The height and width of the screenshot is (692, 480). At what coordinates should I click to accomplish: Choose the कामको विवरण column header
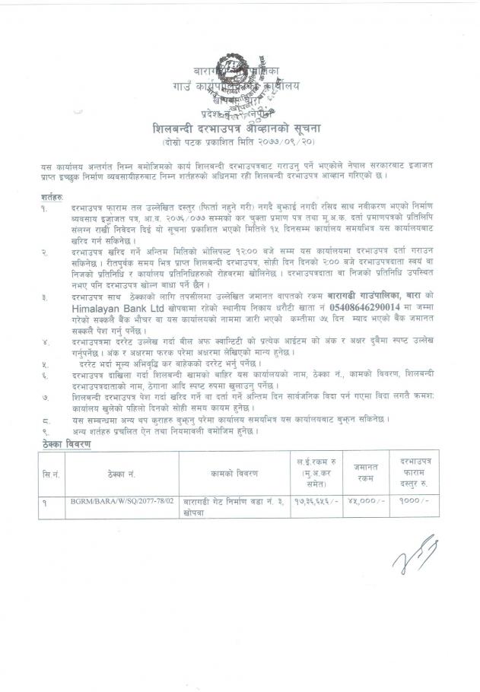234,472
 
